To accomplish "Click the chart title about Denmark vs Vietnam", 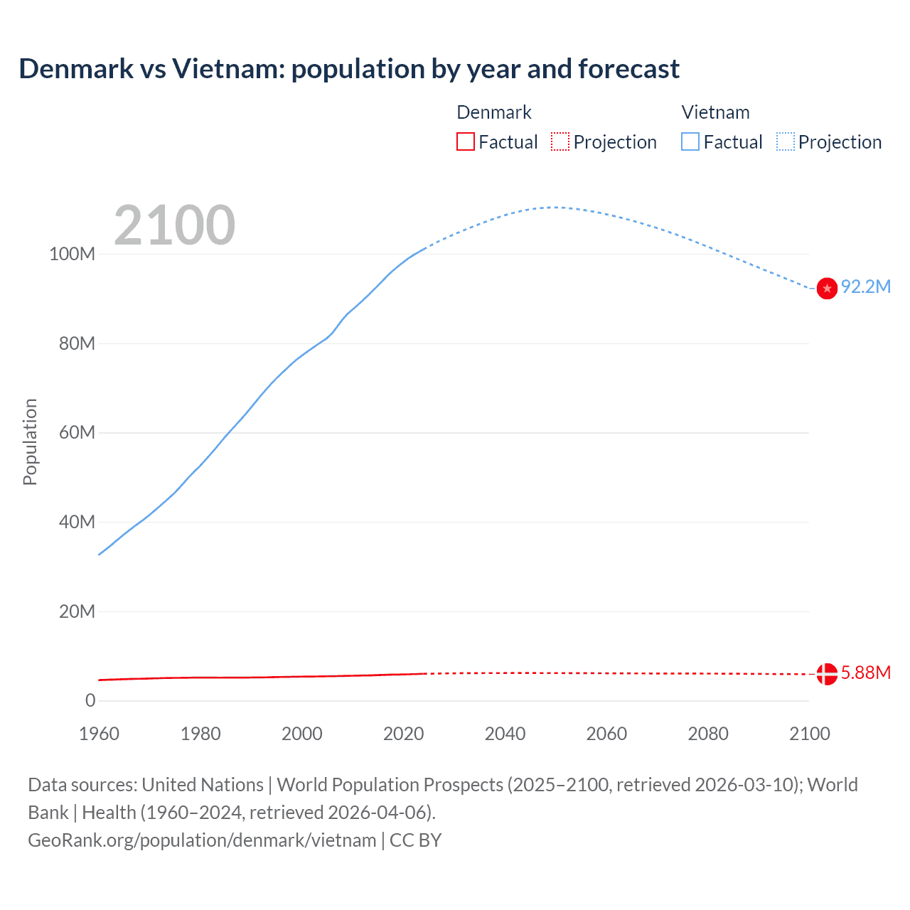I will tap(349, 69).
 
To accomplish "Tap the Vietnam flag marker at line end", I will tap(827, 288).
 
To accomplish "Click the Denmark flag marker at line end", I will tap(827, 673).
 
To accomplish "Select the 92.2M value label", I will tap(866, 287).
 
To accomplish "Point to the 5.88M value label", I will tap(866, 673).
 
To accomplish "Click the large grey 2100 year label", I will tap(174, 225).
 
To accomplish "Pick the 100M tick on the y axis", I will tap(72, 255).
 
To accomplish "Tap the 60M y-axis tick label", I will tap(76, 433).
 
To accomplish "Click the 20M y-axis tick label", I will tap(76, 611).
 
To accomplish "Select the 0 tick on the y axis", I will tap(90, 701).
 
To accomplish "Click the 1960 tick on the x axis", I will tap(99, 734).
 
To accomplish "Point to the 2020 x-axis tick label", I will tap(403, 734).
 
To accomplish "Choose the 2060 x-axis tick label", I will tap(606, 734).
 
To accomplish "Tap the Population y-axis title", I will tap(30, 441).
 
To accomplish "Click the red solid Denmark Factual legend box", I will tap(466, 142).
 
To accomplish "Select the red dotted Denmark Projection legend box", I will tap(560, 142).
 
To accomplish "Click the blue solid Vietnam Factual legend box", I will tap(690, 142).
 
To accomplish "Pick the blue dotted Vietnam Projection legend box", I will tap(785, 142).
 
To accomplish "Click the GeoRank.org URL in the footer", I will tap(202, 840).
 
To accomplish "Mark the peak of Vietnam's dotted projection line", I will tap(555, 207).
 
